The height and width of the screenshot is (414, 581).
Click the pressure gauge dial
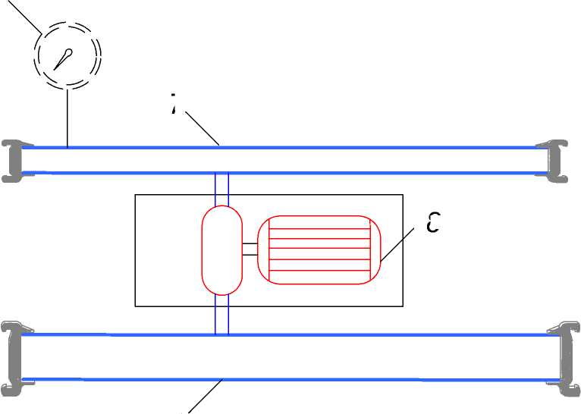[x=68, y=55]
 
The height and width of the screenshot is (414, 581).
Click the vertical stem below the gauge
[x=68, y=118]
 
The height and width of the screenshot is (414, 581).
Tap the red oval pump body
[x=221, y=250]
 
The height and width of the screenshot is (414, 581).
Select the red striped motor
[x=319, y=250]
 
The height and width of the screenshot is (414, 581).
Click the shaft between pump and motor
[x=250, y=249]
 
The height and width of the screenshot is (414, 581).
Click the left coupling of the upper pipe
[x=11, y=160]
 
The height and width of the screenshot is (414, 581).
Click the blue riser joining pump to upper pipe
[x=221, y=189]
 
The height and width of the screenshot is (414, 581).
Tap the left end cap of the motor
[x=263, y=250]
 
